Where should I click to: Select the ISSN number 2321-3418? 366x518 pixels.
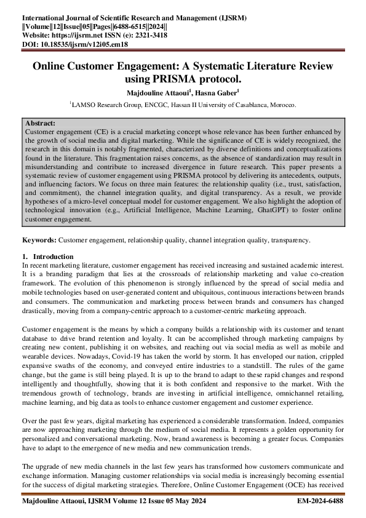click(151, 36)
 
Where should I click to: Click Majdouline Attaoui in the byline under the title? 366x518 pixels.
click(157, 92)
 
